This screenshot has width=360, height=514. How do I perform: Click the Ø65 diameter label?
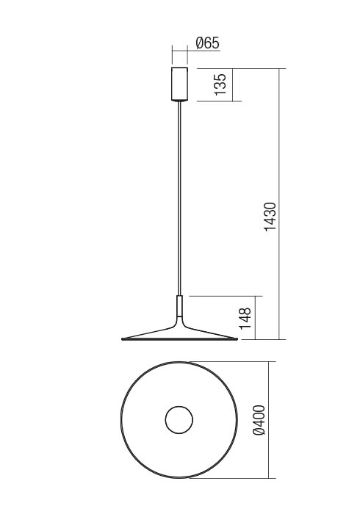coord(207,43)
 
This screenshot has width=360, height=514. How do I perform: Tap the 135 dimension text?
coord(218,84)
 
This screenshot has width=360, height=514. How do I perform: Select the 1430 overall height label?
coord(270,217)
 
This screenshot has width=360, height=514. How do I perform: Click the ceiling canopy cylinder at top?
coord(179,84)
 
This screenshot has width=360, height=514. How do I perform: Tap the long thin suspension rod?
coord(179,198)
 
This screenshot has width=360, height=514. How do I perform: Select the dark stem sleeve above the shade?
coord(179,307)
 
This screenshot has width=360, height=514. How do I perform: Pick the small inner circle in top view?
coord(179,421)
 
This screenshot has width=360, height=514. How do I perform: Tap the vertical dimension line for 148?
coord(256,318)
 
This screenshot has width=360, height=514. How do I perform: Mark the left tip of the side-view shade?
coord(121,340)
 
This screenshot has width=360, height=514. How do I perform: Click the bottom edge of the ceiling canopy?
coord(179,99)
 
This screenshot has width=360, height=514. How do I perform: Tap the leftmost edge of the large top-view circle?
coord(120,421)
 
